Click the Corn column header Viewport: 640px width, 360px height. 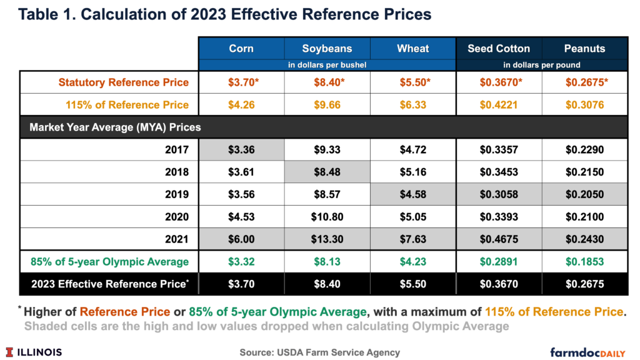click(241, 48)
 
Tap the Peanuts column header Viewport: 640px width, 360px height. click(584, 48)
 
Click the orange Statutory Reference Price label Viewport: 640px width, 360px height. click(124, 82)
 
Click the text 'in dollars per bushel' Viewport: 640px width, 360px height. click(327, 64)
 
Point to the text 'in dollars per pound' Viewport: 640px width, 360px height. click(541, 64)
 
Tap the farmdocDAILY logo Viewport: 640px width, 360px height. click(591, 352)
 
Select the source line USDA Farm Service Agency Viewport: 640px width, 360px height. click(319, 352)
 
